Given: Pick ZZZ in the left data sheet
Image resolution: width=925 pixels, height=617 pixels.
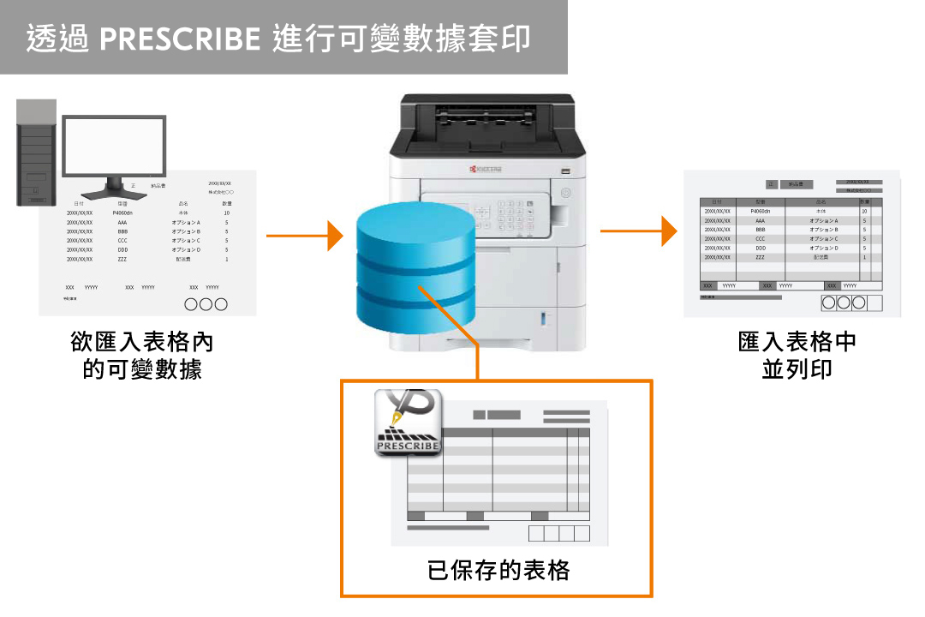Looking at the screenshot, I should point(122,259).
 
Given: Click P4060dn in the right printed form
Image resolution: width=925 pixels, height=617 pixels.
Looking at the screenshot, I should point(760,211).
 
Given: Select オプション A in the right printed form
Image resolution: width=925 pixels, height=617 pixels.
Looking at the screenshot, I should point(823,220).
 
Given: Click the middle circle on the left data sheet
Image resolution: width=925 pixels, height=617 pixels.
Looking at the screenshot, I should point(206,304).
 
